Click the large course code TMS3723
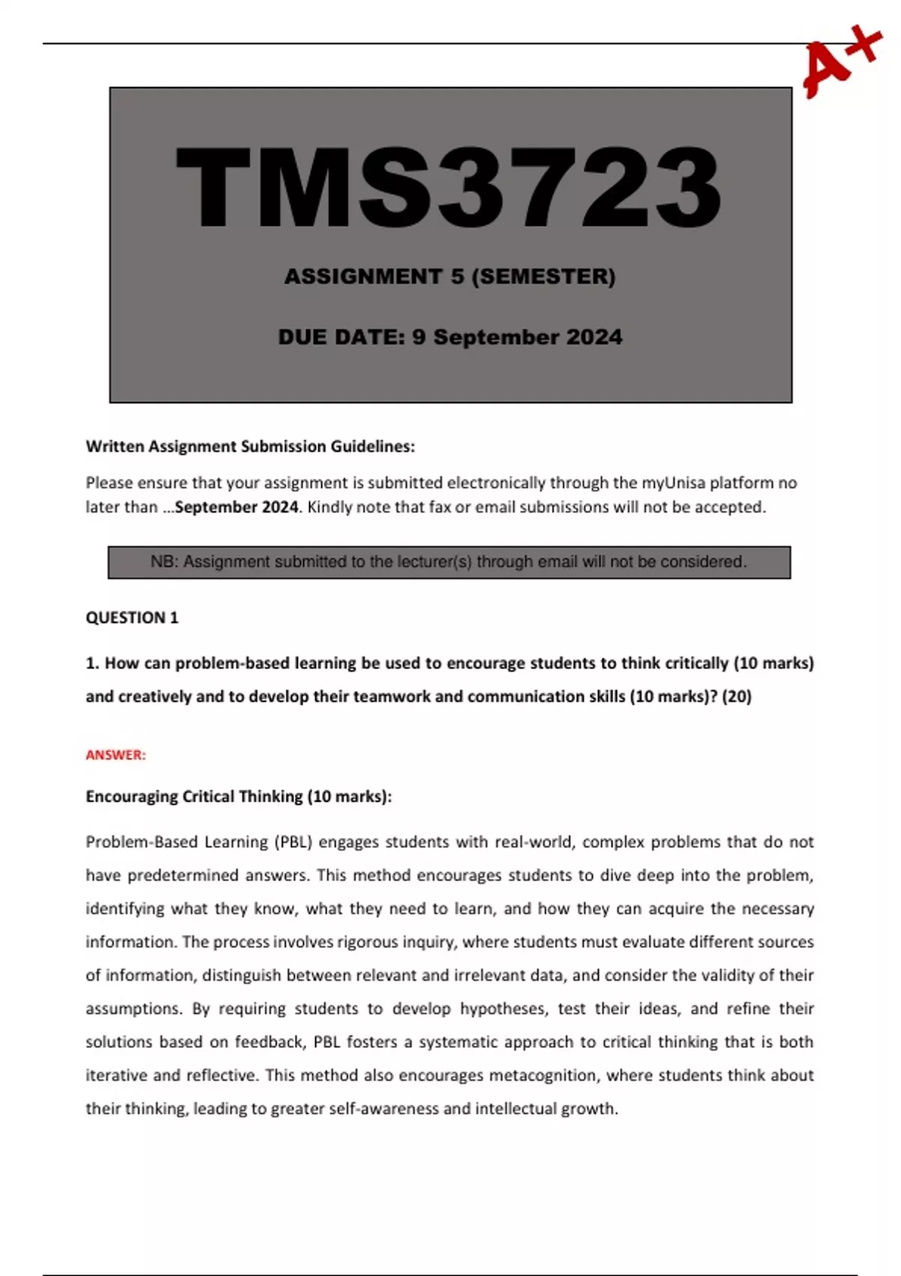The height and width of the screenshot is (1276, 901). pos(449,188)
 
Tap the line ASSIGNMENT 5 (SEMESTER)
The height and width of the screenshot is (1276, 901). pos(449,276)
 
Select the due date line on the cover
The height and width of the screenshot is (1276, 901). pos(449,337)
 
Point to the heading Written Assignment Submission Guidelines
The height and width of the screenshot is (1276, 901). pos(250,447)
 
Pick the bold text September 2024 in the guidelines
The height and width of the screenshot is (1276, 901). pos(237,507)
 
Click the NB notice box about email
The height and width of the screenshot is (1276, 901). pos(449,562)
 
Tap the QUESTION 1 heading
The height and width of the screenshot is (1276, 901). pos(132,618)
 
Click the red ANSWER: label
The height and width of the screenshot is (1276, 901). pos(116,755)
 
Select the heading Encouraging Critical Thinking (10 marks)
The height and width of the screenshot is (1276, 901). pos(239,796)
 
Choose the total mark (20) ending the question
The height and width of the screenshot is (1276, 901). pos(736,697)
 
